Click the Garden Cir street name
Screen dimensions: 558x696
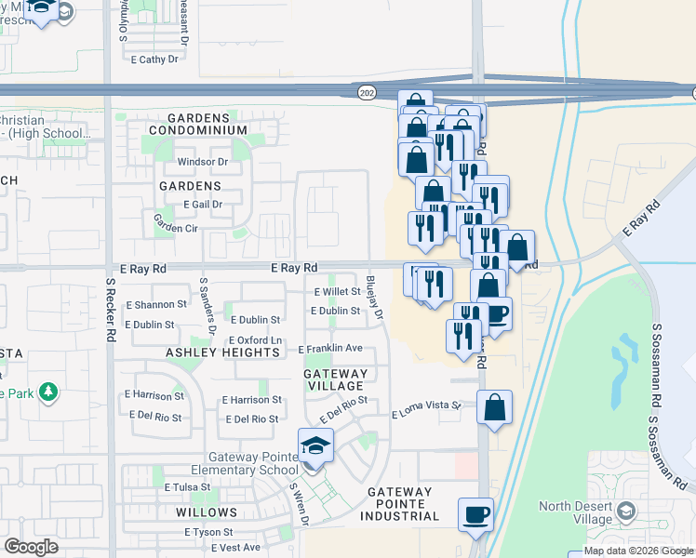[176, 228]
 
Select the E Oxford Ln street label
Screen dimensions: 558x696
[254, 340]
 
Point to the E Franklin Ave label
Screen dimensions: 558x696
[330, 349]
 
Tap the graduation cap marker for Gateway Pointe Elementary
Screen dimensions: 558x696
[316, 445]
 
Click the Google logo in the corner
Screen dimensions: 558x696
[31, 547]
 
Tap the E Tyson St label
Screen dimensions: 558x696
[214, 532]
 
